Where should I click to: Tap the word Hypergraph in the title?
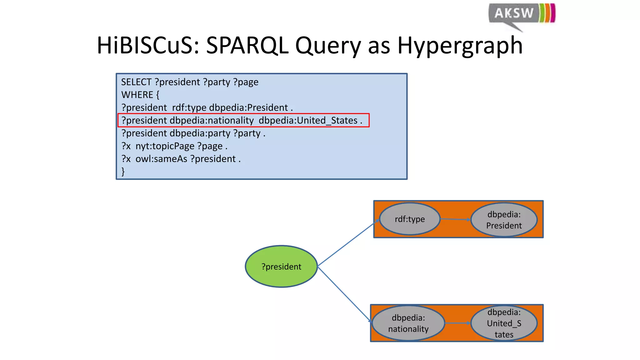(x=460, y=46)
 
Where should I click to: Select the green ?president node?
(x=281, y=266)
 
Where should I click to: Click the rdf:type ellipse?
(x=409, y=219)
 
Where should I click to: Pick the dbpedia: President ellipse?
(x=504, y=220)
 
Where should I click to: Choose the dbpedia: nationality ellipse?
(x=408, y=323)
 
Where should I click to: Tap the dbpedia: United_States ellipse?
(x=504, y=323)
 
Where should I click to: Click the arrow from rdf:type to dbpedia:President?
(x=455, y=219)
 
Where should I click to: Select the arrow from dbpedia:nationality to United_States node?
(x=457, y=323)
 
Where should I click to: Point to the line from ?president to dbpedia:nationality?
(x=344, y=294)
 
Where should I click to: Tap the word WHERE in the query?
(x=137, y=95)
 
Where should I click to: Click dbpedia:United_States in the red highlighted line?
(x=308, y=121)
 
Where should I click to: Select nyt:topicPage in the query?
(x=165, y=146)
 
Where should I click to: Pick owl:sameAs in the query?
(x=161, y=159)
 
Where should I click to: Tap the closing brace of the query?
(x=123, y=172)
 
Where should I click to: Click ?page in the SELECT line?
(x=246, y=82)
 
